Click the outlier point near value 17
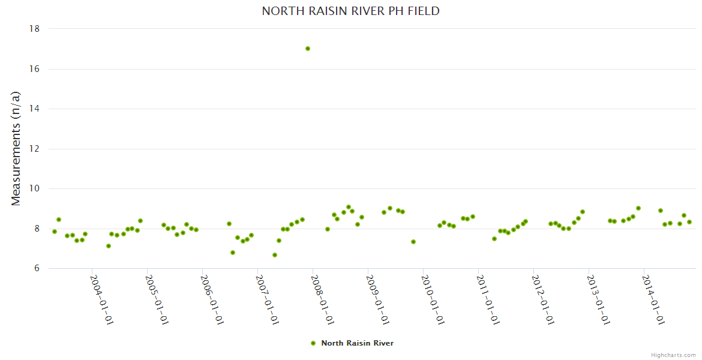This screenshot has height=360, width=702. pos(308,49)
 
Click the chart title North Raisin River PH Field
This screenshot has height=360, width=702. pos(350,11)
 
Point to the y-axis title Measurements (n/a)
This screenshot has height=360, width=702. pos(16,149)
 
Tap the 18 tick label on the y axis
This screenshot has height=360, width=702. pos(34,29)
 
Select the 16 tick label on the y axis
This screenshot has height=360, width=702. pos(34,69)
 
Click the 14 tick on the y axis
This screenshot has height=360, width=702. pos(34,109)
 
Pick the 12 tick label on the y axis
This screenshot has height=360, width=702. pos(34,149)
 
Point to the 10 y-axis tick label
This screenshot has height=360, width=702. pos(34,189)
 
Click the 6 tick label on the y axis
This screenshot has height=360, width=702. pos(37,269)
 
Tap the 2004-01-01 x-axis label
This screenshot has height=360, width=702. pos(101,299)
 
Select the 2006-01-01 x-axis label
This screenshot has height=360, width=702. pos(211,299)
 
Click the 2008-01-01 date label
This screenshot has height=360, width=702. pos(322,299)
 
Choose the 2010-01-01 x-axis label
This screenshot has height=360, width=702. pos(432,299)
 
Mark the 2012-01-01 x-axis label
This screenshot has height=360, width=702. pos(542,299)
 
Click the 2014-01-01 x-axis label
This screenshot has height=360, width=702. pos(653,299)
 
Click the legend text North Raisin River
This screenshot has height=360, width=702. pos(357,343)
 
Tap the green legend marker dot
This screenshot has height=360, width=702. pos(313,343)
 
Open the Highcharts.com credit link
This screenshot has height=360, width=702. pos(673,355)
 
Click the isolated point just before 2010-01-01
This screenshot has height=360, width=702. pos(413,242)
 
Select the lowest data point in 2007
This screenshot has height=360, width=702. pos(275,255)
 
